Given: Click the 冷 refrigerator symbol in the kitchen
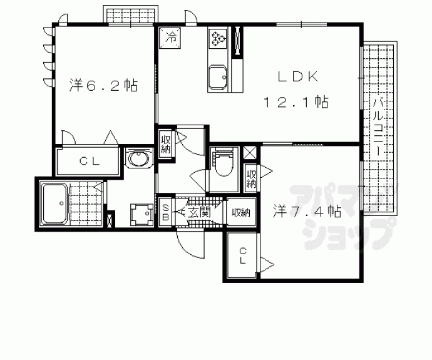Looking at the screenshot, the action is (x=170, y=38).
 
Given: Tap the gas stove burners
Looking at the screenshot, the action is (x=218, y=38).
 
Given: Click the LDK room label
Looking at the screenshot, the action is (x=298, y=77).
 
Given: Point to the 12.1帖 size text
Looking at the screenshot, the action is (x=296, y=102).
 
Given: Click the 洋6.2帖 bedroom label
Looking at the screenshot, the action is (x=103, y=85).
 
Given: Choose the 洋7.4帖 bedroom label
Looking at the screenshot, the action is (x=307, y=212).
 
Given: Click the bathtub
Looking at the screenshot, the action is (x=54, y=204).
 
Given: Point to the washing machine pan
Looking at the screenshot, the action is (x=141, y=214).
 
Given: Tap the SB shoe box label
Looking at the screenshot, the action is (x=166, y=212).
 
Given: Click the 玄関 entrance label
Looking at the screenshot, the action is (x=199, y=212).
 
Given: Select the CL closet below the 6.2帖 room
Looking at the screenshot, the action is (x=88, y=162).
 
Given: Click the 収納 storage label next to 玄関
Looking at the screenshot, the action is (x=241, y=212).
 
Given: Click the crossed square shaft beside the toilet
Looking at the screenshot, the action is (x=250, y=153).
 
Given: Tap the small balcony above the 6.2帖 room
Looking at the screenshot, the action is (x=131, y=15).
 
